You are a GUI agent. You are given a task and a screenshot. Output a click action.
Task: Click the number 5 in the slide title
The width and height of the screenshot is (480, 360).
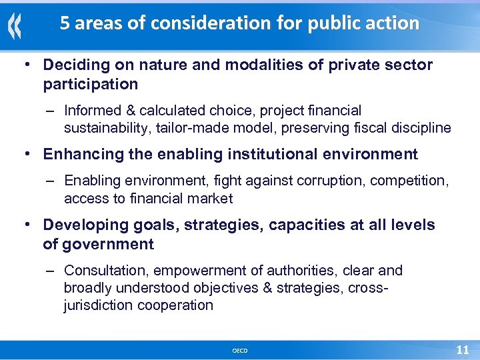coord(65,24)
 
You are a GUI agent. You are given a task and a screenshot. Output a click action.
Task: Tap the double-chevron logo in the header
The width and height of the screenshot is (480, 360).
coord(15,27)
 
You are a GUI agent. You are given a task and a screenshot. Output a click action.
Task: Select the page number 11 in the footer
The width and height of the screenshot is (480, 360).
coord(462,349)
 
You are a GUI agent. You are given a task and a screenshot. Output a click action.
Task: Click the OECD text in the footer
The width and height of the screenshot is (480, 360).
coord(239,351)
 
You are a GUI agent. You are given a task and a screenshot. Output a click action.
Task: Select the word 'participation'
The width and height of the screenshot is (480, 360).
coord(91,85)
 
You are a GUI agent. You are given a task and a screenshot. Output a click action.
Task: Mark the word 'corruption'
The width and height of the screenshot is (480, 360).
coord(327,181)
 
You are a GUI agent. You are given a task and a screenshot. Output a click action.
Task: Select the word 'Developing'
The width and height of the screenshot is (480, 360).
coord(83,225)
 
